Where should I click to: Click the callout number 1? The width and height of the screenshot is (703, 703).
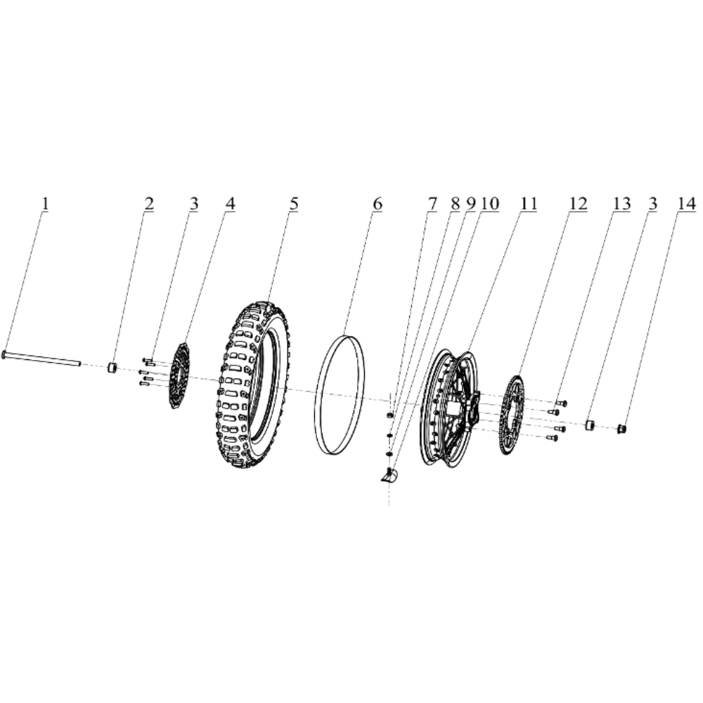46,203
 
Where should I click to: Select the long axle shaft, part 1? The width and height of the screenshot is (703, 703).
42,359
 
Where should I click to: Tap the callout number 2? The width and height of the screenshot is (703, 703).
149,203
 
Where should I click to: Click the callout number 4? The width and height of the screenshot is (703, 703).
230,203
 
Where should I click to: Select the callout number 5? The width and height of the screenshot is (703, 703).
294,203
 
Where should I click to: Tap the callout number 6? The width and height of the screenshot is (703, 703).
378,203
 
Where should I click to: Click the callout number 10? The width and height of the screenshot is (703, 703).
489,203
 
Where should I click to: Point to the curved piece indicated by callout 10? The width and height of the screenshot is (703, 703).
388,476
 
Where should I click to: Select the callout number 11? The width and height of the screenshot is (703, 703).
528,203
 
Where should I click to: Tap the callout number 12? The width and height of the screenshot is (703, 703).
577,203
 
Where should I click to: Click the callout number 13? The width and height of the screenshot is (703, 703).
621,203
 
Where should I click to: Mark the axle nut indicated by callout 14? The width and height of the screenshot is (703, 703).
621,428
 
